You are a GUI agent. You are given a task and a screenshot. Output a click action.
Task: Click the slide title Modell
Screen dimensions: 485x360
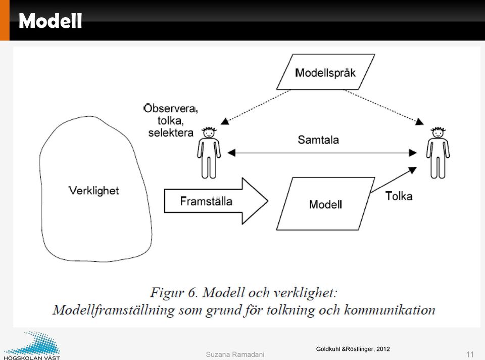pos(50,21)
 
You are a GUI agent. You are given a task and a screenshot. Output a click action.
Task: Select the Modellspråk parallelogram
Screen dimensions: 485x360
pos(325,72)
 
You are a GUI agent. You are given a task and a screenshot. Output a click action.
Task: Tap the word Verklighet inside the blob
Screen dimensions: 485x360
pos(94,191)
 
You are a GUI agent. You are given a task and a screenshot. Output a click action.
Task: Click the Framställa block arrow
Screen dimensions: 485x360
pos(216,201)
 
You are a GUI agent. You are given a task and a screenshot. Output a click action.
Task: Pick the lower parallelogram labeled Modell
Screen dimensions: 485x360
pos(325,204)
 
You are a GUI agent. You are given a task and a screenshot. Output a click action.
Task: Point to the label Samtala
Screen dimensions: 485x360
pos(318,140)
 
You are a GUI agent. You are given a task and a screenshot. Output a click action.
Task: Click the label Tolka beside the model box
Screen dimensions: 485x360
pos(399,196)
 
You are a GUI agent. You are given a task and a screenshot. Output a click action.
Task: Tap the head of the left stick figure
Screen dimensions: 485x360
pos(209,132)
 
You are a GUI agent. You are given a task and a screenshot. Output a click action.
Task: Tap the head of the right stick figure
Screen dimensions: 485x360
pos(439,132)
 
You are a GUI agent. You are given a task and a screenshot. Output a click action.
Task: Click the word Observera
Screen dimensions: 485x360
pos(170,108)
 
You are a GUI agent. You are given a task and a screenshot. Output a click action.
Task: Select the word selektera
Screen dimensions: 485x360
pos(171,133)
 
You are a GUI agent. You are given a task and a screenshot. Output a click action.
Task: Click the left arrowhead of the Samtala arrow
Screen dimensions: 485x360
pos(231,153)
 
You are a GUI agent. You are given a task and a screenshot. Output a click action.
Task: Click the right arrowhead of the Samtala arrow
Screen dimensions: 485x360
pos(413,153)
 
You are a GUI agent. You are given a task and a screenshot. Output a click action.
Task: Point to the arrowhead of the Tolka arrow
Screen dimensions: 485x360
pos(413,169)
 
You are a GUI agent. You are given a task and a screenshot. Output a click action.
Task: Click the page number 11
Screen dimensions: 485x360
pos(470,354)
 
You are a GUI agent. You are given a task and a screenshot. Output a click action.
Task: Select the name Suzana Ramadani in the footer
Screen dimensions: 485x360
pos(235,354)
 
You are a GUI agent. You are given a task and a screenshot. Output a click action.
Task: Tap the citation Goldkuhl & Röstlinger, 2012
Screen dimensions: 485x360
pos(353,349)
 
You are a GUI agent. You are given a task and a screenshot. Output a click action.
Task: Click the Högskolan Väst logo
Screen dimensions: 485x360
pos(32,346)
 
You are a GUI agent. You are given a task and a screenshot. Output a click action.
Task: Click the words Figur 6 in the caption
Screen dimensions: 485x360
pos(173,293)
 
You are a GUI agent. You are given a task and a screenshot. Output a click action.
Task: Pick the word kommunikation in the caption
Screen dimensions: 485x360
pos(390,310)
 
